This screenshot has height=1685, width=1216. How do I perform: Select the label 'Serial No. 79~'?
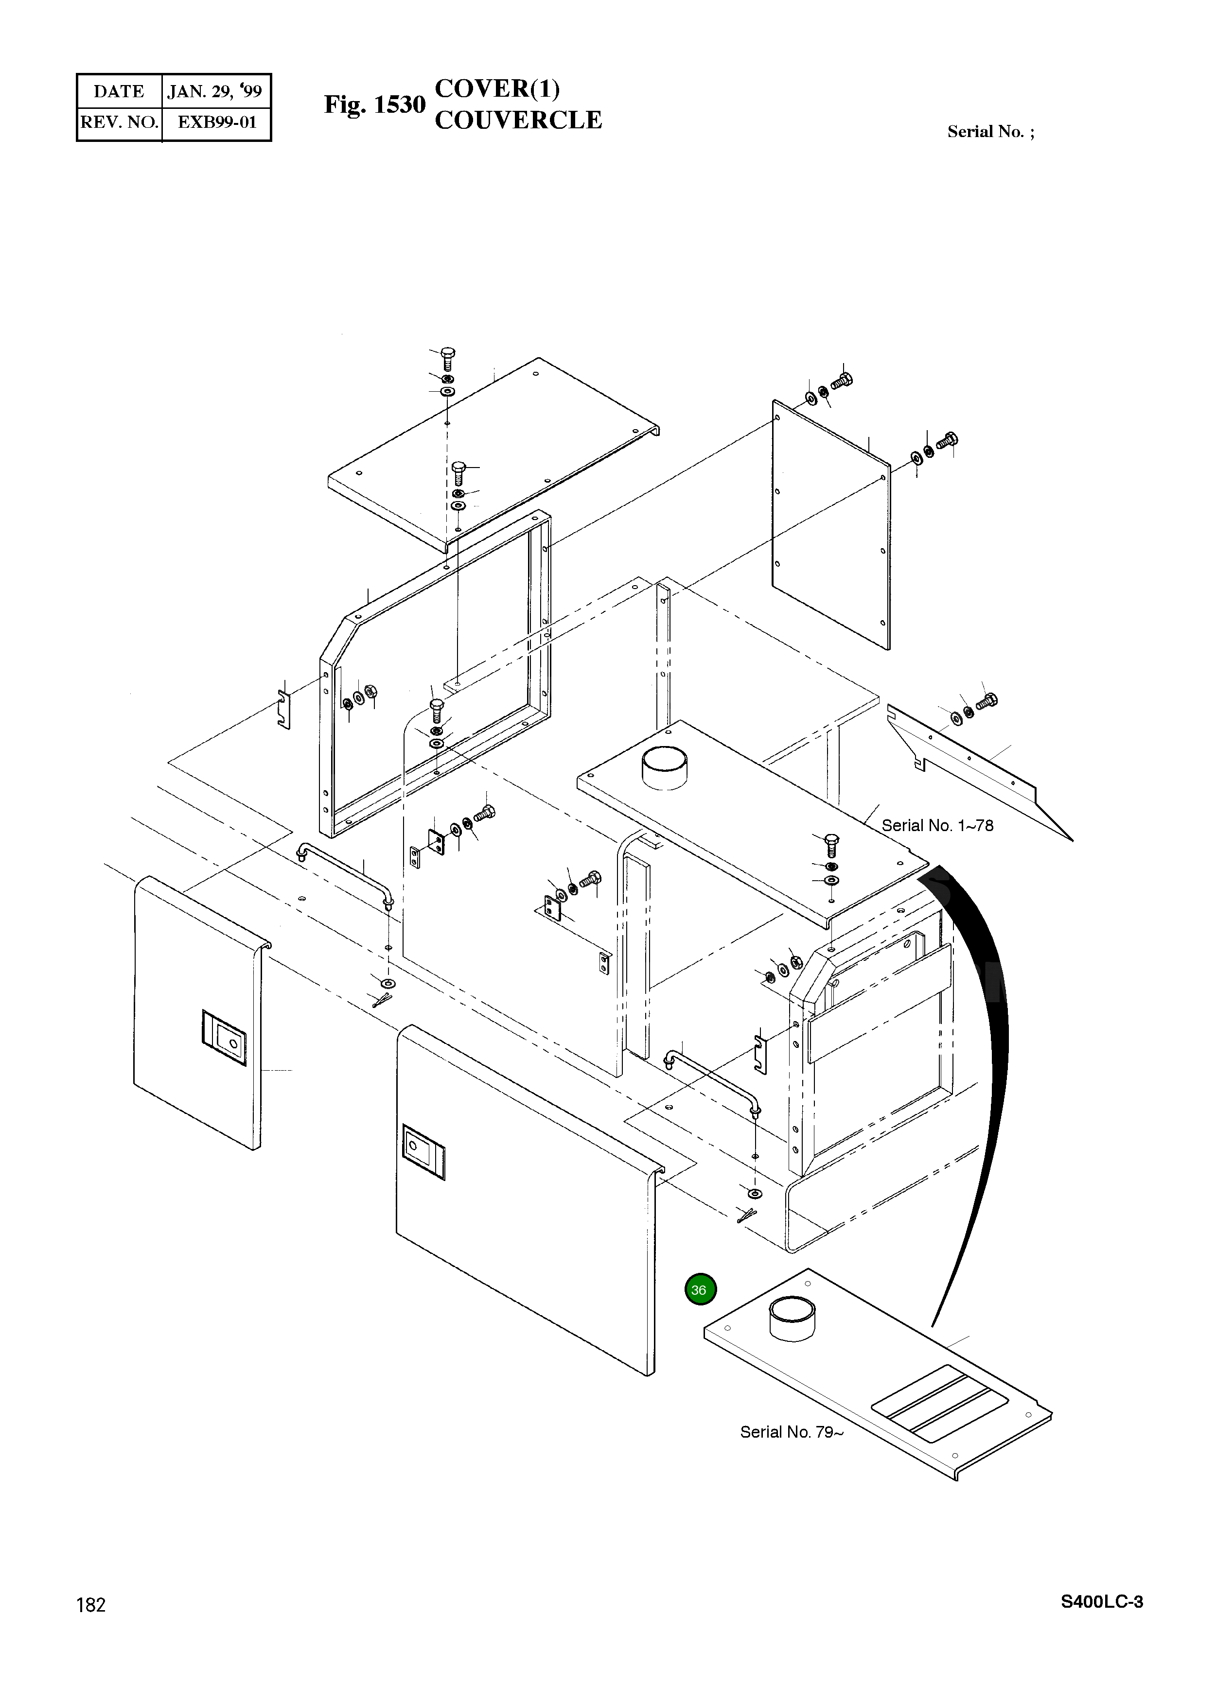pos(791,1432)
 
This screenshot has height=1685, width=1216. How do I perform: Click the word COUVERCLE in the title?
pos(518,121)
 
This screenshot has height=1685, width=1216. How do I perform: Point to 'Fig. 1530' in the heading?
pos(374,105)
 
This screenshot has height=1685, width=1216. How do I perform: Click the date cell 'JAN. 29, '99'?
pos(215,91)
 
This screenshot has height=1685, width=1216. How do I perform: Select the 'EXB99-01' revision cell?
pos(216,122)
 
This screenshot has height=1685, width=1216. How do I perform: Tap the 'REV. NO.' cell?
pos(119,122)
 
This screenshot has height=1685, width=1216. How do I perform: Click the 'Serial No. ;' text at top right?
pos(990,132)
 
